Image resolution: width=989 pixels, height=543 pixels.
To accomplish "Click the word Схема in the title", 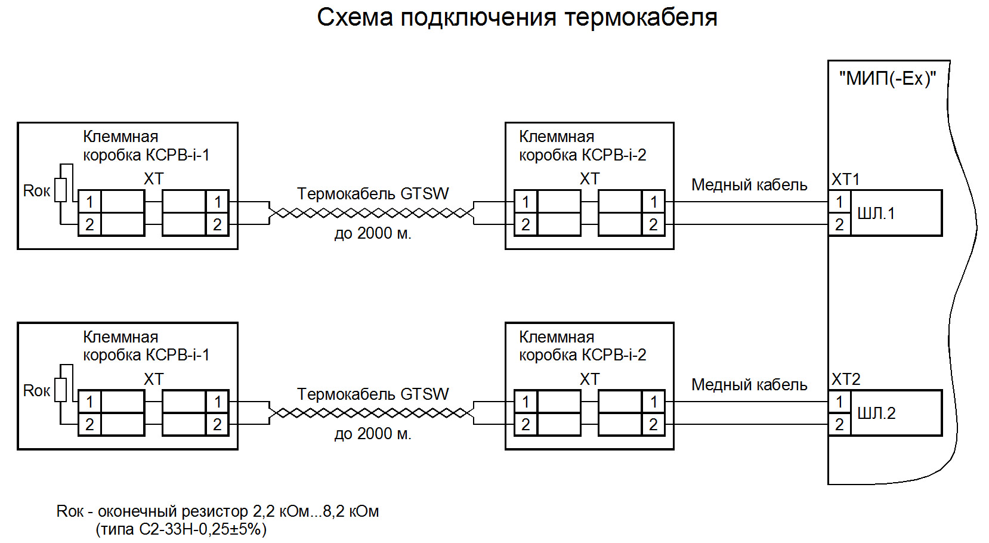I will (x=355, y=17).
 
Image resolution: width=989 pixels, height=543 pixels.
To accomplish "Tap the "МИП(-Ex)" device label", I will (x=887, y=79).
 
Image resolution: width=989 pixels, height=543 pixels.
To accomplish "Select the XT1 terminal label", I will (x=845, y=180).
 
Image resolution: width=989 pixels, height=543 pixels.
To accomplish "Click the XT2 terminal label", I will (x=846, y=380).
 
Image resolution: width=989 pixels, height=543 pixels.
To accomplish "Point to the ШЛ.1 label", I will (x=876, y=213).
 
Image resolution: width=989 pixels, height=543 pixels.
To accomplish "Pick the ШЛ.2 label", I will (x=876, y=413).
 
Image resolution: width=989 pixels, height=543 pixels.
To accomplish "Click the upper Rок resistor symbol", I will (x=60, y=190).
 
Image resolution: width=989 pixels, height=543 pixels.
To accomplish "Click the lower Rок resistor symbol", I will (x=60, y=390).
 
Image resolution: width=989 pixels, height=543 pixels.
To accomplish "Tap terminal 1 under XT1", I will (x=839, y=202).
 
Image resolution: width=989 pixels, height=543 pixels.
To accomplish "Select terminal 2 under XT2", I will (x=839, y=424).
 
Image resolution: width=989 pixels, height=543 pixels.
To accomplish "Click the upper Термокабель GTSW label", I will (x=373, y=194).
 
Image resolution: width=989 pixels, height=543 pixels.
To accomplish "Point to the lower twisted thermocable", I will (x=371, y=413).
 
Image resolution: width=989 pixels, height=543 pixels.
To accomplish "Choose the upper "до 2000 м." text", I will (x=373, y=233).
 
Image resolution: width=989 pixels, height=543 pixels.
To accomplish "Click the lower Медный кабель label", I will (x=749, y=385).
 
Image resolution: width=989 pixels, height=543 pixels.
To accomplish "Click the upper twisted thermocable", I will (x=371, y=213).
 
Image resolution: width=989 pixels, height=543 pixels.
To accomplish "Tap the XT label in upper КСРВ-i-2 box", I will (x=589, y=178).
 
